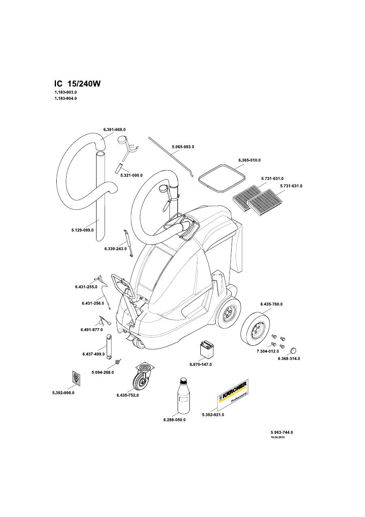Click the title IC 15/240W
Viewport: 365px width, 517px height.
pos(77,84)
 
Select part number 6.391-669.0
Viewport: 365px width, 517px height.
pos(114,130)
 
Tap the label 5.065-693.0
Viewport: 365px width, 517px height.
pos(183,147)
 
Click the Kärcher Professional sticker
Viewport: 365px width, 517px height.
pos(232,395)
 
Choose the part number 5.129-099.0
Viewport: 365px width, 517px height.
pos(83,230)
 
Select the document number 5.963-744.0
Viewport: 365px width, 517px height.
pos(282,433)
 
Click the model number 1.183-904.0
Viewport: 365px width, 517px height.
pos(66,99)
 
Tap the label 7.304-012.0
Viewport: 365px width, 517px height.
pos(268,351)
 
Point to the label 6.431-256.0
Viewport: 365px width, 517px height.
pos(93,303)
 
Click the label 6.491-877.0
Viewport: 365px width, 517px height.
pos(92,330)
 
